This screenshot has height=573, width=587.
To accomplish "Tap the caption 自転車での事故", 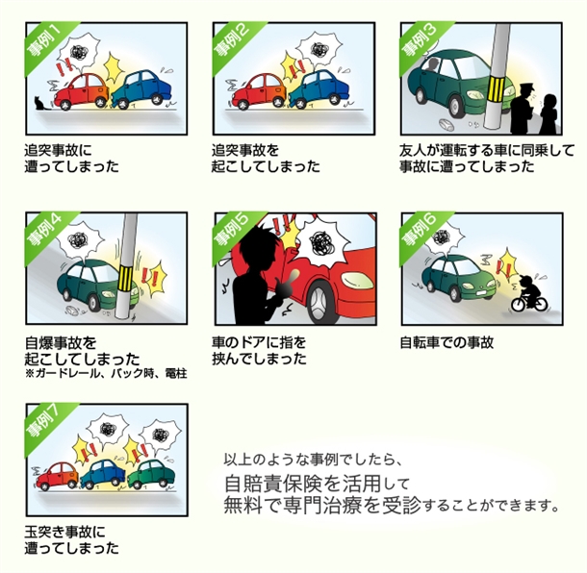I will click(447, 342).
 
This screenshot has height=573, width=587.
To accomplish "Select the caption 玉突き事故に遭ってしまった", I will click(72, 539).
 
